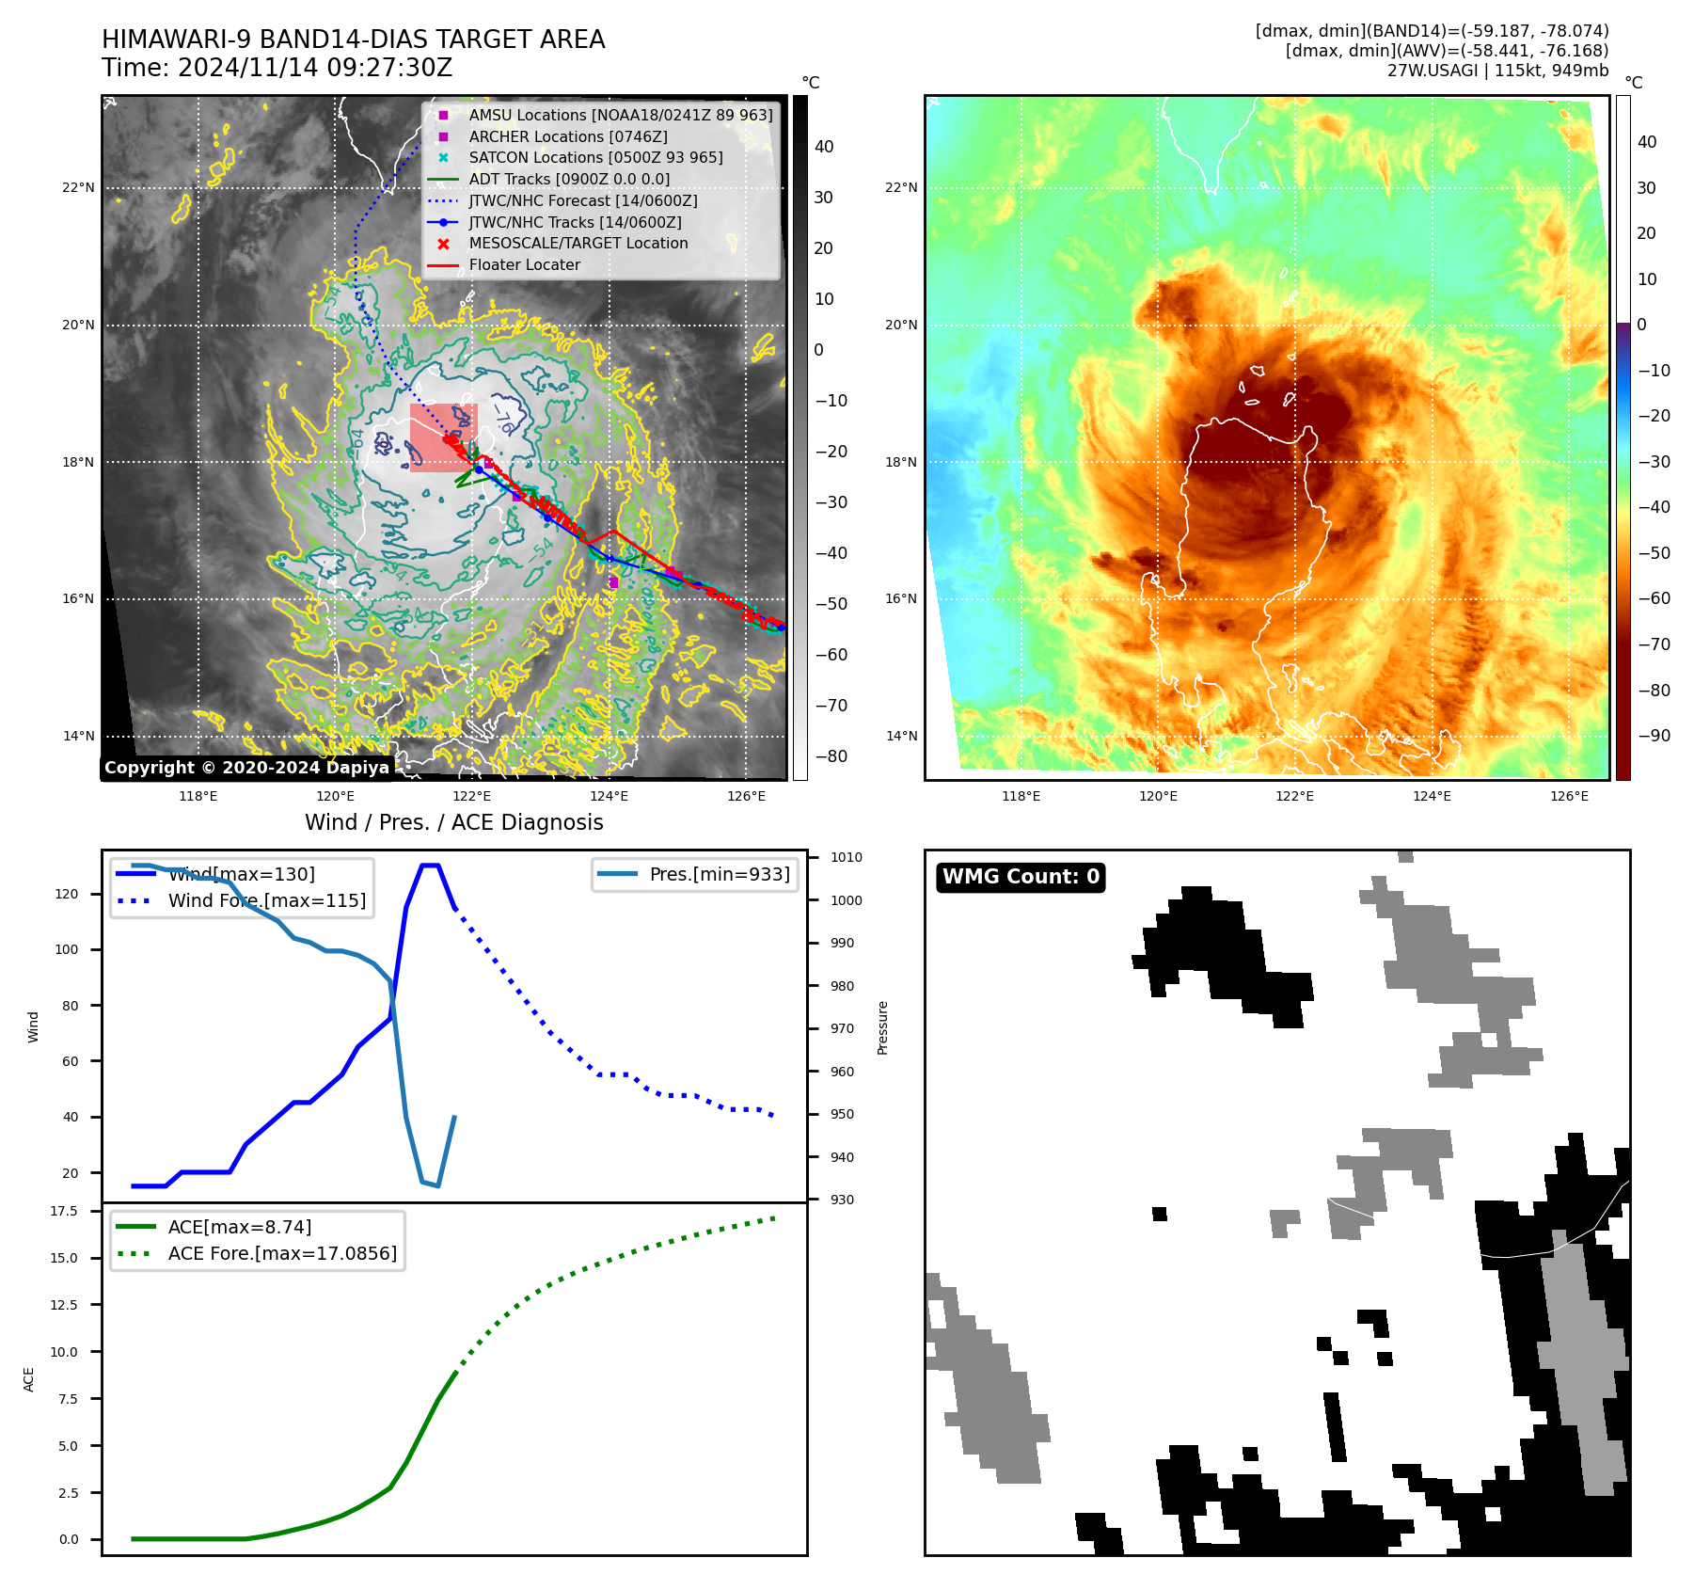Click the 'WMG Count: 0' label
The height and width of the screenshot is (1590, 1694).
1021,877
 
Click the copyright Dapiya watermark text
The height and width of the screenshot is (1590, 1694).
246,768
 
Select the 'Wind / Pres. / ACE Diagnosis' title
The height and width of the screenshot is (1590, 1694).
453,822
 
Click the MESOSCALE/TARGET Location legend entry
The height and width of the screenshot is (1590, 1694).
578,244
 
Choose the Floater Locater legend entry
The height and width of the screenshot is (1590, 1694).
524,265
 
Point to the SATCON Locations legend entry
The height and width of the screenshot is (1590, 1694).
595,158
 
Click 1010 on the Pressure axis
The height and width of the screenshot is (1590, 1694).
846,858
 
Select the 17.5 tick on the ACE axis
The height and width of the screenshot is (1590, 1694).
64,1211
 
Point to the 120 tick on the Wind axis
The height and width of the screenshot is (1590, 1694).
67,894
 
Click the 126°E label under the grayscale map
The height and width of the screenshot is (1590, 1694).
746,797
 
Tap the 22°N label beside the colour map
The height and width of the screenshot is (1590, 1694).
900,188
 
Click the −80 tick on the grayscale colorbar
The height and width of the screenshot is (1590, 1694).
831,756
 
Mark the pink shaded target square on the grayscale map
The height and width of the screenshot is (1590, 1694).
443,437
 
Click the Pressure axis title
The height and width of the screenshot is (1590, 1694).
882,1027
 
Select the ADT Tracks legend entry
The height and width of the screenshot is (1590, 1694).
568,180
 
